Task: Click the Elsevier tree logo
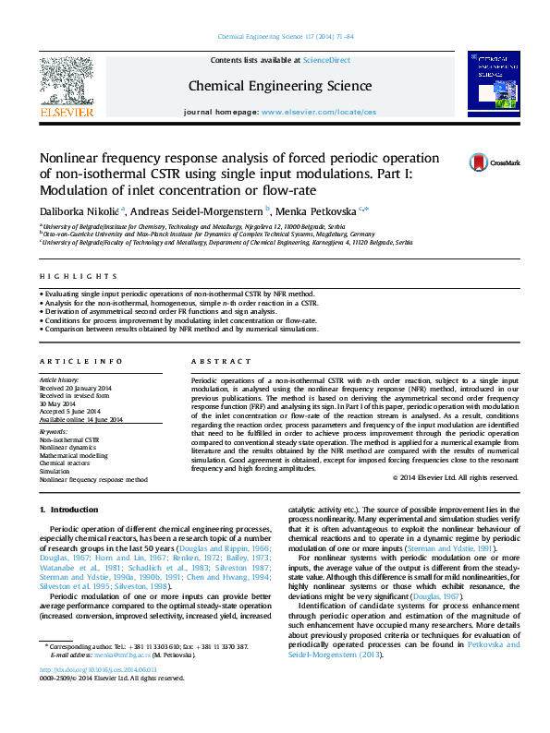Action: point(67,84)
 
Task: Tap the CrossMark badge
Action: point(495,162)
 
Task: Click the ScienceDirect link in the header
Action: point(327,59)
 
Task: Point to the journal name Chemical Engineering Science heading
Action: point(280,86)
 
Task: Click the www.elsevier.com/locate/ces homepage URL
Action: point(319,111)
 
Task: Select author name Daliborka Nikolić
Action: point(79,212)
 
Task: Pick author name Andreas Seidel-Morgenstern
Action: point(197,212)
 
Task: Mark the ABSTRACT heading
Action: point(214,361)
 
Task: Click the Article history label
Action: point(59,379)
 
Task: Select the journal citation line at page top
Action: point(285,37)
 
